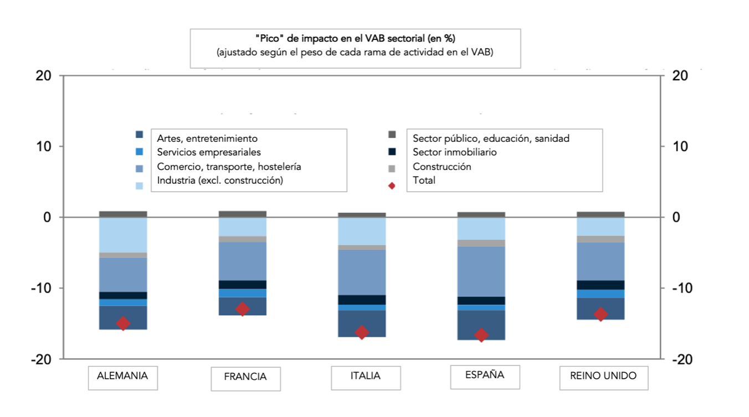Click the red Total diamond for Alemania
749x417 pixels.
[x=123, y=323]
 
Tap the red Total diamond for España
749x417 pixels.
[x=481, y=335]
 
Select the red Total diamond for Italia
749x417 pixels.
[x=362, y=332]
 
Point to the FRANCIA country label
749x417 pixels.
[x=245, y=377]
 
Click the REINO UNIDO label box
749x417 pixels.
[x=603, y=375]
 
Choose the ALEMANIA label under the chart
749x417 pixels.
[x=122, y=375]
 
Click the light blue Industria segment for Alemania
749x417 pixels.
[x=123, y=235]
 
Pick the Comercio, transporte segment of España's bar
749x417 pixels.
[x=481, y=271]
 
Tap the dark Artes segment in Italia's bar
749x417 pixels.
[x=362, y=323]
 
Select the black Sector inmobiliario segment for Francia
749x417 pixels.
[x=243, y=285]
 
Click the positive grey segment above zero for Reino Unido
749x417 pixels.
[x=601, y=214]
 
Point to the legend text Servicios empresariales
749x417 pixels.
[x=208, y=152]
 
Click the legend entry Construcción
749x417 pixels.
[x=442, y=167]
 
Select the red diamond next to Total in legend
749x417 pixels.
[x=392, y=186]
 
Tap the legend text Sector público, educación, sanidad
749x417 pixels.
[x=491, y=138]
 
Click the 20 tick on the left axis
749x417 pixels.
[x=43, y=76]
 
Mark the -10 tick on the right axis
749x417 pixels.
[x=679, y=289]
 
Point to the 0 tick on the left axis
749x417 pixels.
[x=47, y=218]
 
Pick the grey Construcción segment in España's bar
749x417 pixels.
[x=481, y=243]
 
